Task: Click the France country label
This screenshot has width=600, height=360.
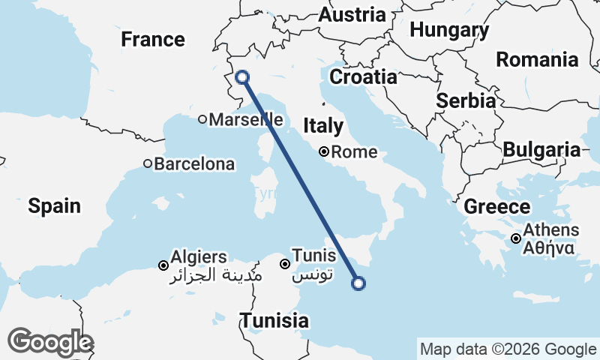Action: tap(153, 40)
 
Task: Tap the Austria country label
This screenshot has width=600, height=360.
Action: tap(352, 15)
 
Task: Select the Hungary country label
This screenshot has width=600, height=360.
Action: tap(449, 31)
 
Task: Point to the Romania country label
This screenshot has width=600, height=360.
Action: tap(538, 60)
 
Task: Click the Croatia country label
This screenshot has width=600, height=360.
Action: tap(363, 77)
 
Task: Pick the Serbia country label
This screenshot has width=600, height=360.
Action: tap(465, 101)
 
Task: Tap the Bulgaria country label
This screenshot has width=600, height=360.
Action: tap(541, 150)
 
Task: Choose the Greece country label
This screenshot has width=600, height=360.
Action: tap(497, 207)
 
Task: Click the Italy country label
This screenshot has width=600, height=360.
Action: tap(323, 126)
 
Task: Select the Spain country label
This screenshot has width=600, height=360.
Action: tap(55, 205)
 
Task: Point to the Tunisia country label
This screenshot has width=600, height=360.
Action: tap(274, 321)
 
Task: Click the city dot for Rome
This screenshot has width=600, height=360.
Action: tap(324, 151)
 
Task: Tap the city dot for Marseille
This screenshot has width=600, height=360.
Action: tap(202, 119)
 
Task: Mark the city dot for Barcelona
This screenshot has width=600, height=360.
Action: tap(148, 163)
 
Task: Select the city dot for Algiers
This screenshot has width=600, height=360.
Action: tap(163, 265)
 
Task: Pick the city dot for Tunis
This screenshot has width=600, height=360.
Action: tap(285, 264)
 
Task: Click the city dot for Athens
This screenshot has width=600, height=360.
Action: tap(517, 238)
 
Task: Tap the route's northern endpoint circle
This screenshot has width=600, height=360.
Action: tap(242, 76)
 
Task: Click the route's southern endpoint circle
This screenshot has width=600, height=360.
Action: tap(358, 283)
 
